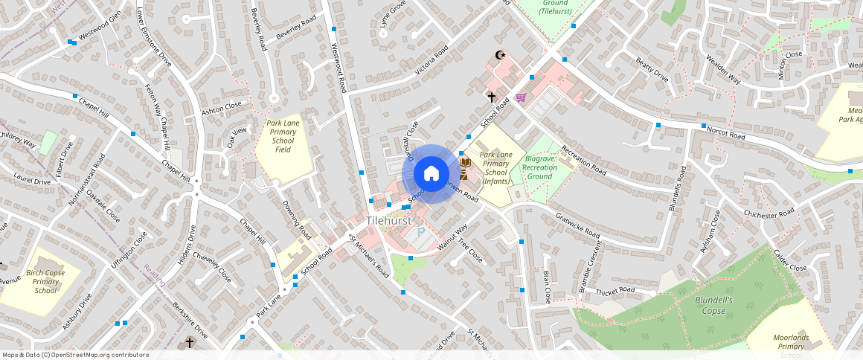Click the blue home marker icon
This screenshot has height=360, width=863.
coord(431,173)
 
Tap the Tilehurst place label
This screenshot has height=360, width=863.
coord(388,222)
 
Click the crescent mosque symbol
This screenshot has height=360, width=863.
coord(500,55)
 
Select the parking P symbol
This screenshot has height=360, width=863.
coord(420,233)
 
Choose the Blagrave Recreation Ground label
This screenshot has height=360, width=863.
coord(539,167)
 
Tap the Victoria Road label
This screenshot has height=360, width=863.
coord(431,60)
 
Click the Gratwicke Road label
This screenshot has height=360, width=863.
coord(577,224)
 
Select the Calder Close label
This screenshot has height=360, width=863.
coord(790,260)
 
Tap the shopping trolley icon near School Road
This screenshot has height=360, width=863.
coord(520,97)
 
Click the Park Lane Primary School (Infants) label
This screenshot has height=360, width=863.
coord(496,167)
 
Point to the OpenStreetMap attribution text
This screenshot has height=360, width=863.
coord(76,355)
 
